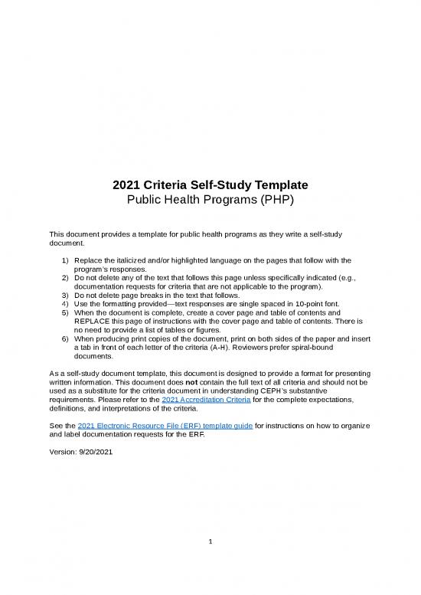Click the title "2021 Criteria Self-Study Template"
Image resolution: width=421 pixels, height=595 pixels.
tap(210, 185)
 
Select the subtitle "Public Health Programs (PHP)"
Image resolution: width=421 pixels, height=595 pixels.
tap(210, 200)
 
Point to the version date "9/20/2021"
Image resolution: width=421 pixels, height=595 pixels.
tap(93, 450)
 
